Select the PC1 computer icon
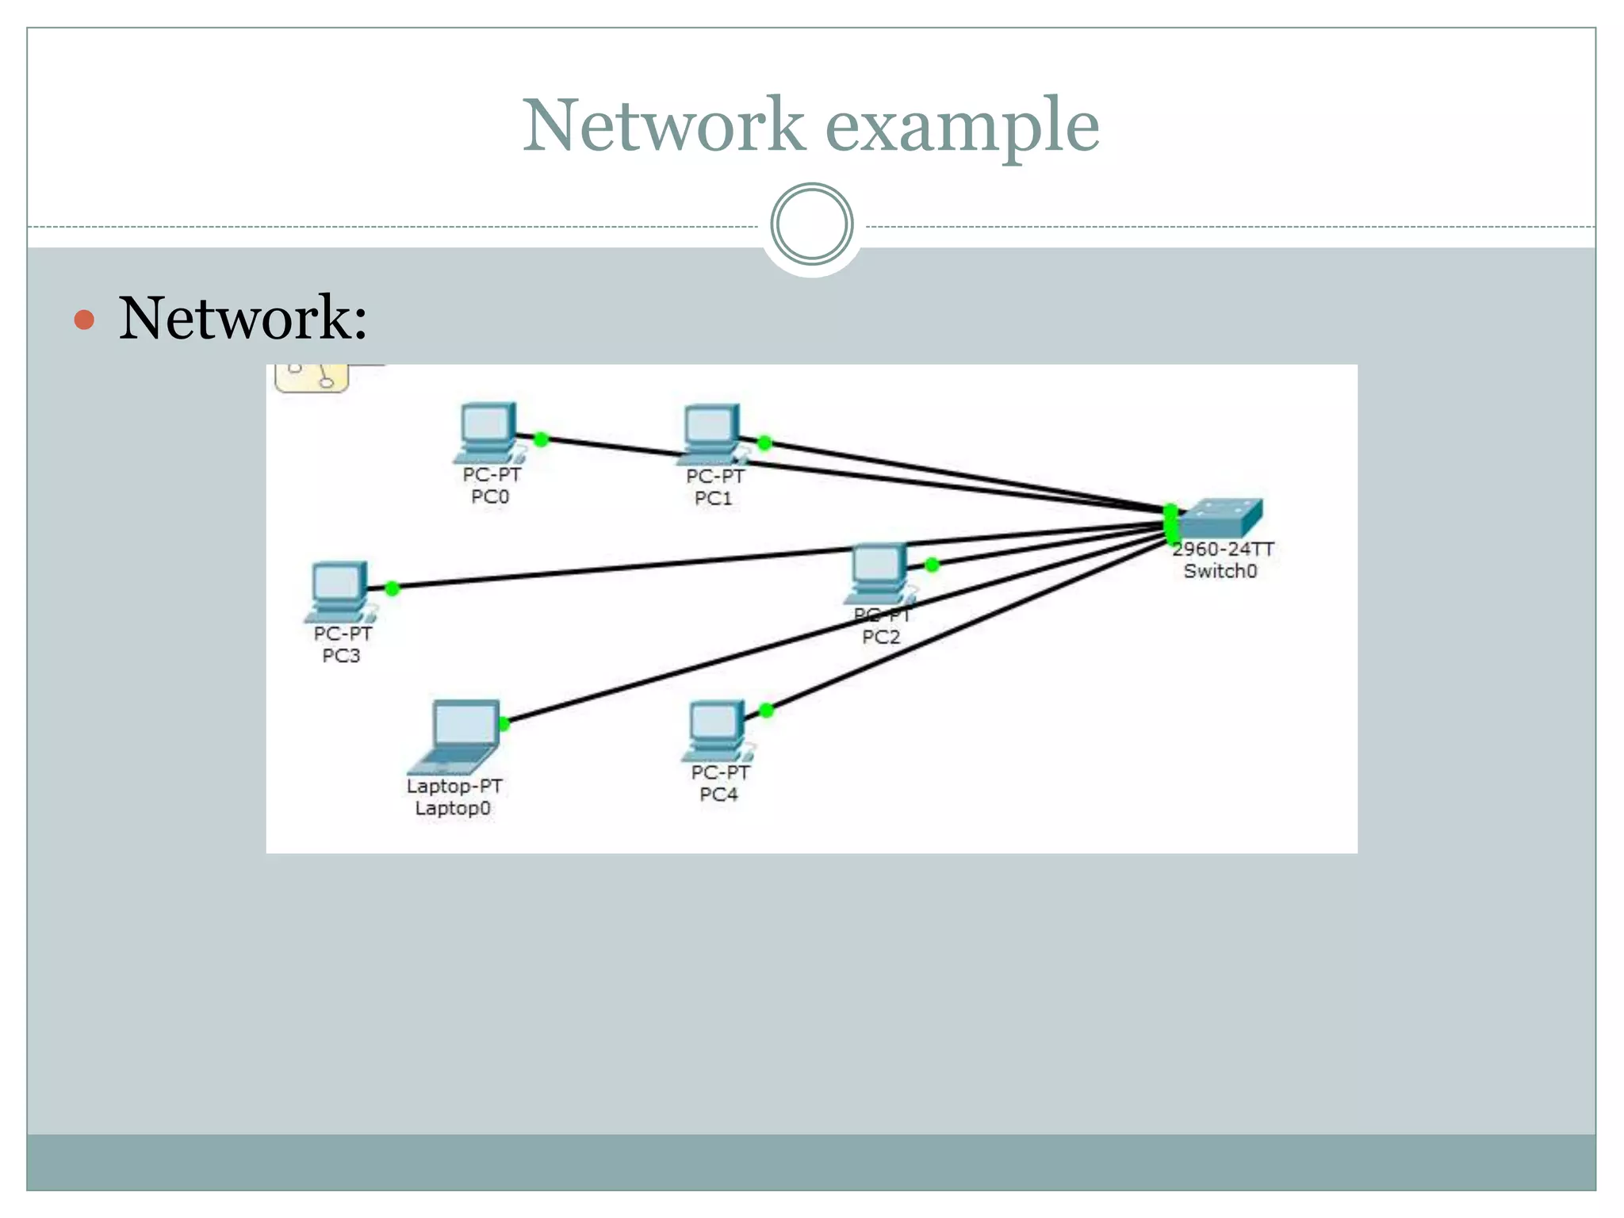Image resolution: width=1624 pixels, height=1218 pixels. (x=712, y=435)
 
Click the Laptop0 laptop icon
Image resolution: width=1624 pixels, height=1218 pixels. (x=456, y=737)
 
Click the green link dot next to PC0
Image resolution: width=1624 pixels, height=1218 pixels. (x=541, y=439)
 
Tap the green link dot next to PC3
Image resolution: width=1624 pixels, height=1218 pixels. (x=392, y=588)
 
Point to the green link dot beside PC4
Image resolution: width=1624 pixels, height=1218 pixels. (x=766, y=710)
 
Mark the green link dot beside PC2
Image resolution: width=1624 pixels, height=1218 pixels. (x=932, y=565)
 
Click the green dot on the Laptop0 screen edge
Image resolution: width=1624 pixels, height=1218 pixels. (x=504, y=723)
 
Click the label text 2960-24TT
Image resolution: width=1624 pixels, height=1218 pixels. (x=1223, y=549)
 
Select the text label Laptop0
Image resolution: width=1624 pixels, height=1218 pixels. (x=453, y=808)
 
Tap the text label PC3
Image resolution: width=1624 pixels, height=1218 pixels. (x=341, y=656)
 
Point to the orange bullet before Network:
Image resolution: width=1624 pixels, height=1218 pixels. (x=84, y=320)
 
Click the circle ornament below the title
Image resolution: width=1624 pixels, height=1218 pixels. (x=811, y=224)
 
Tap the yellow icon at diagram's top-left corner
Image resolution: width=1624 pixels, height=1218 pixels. (x=312, y=377)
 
